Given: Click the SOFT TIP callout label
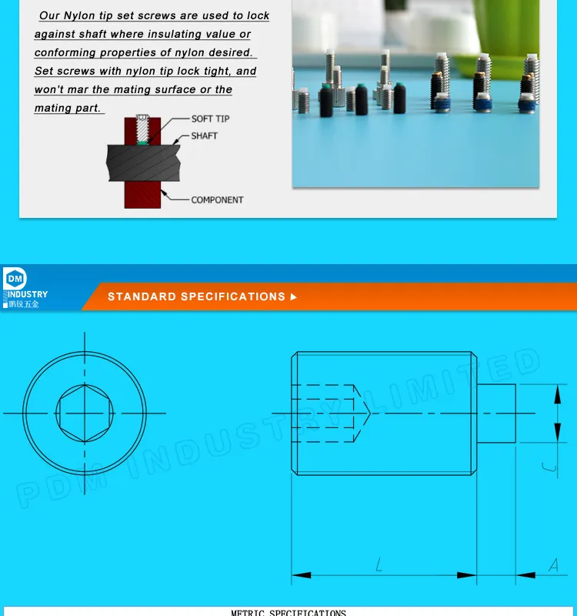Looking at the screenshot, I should click(x=210, y=119).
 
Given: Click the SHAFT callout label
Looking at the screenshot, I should click(x=204, y=136).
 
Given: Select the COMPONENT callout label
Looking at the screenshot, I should click(x=217, y=199).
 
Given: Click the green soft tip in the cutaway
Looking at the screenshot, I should click(x=143, y=139).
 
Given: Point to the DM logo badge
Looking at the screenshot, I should click(x=15, y=280).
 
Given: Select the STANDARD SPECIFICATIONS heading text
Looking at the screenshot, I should click(x=196, y=296).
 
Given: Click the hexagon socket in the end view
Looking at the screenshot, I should click(x=85, y=413).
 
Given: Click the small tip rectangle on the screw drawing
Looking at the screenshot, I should click(x=496, y=413).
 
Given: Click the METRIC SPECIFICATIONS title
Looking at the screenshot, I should click(x=288, y=612).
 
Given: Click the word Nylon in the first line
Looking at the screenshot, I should click(x=80, y=15).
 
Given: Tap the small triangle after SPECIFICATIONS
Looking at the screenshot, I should click(x=294, y=296).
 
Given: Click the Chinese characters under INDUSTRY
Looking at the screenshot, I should click(x=24, y=304).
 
